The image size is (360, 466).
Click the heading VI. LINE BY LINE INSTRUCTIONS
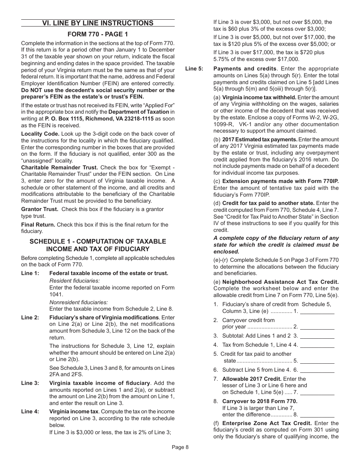point(98,23)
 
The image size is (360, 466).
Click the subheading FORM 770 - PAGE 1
point(98,34)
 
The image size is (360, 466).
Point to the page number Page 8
point(180,447)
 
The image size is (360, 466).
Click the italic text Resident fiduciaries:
point(75,281)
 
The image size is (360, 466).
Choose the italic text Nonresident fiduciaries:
point(79,302)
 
